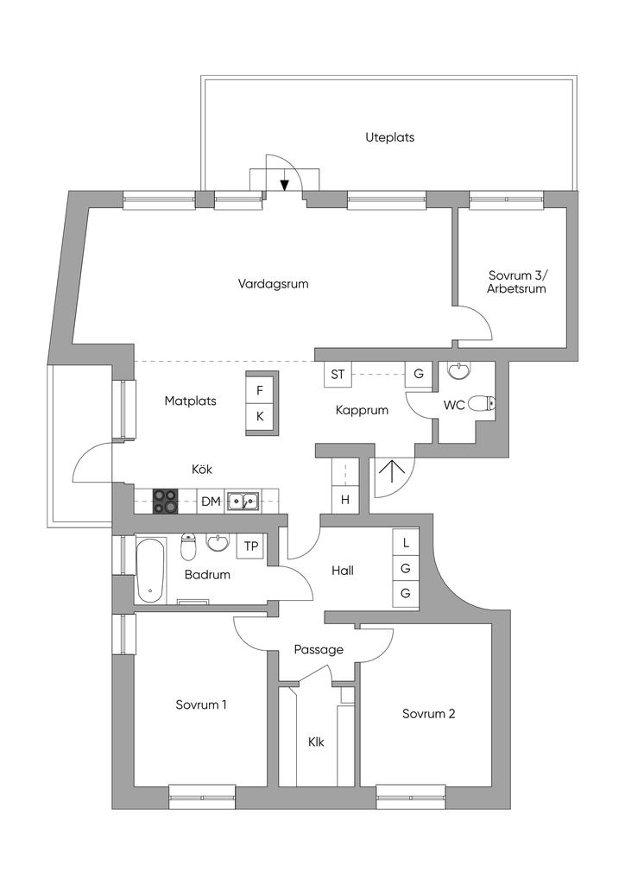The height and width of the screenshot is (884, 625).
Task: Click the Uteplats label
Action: point(389,137)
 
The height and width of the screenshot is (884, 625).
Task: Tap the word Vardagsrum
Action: point(274,283)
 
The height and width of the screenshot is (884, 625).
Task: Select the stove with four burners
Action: point(165,501)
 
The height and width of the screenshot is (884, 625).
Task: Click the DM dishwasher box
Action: point(211,501)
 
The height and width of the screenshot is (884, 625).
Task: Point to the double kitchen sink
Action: point(243,501)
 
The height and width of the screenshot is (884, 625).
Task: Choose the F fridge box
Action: point(260,390)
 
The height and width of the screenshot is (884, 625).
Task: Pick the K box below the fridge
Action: point(260,417)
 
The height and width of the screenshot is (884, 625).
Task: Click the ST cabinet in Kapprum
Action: point(338,374)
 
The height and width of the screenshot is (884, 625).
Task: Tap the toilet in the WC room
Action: point(482,404)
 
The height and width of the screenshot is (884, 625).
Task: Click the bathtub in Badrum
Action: point(151,570)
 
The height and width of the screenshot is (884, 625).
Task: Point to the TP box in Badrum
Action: point(251,546)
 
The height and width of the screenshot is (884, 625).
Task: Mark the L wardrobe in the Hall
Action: point(406,543)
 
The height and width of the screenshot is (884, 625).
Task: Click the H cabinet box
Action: point(345,500)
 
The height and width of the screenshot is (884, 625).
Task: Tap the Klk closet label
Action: point(316,742)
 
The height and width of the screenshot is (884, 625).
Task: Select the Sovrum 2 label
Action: point(428,714)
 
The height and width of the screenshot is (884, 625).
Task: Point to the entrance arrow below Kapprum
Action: point(392,472)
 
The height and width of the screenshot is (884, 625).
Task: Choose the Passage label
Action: point(319,650)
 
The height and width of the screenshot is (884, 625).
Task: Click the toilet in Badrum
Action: point(188,546)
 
